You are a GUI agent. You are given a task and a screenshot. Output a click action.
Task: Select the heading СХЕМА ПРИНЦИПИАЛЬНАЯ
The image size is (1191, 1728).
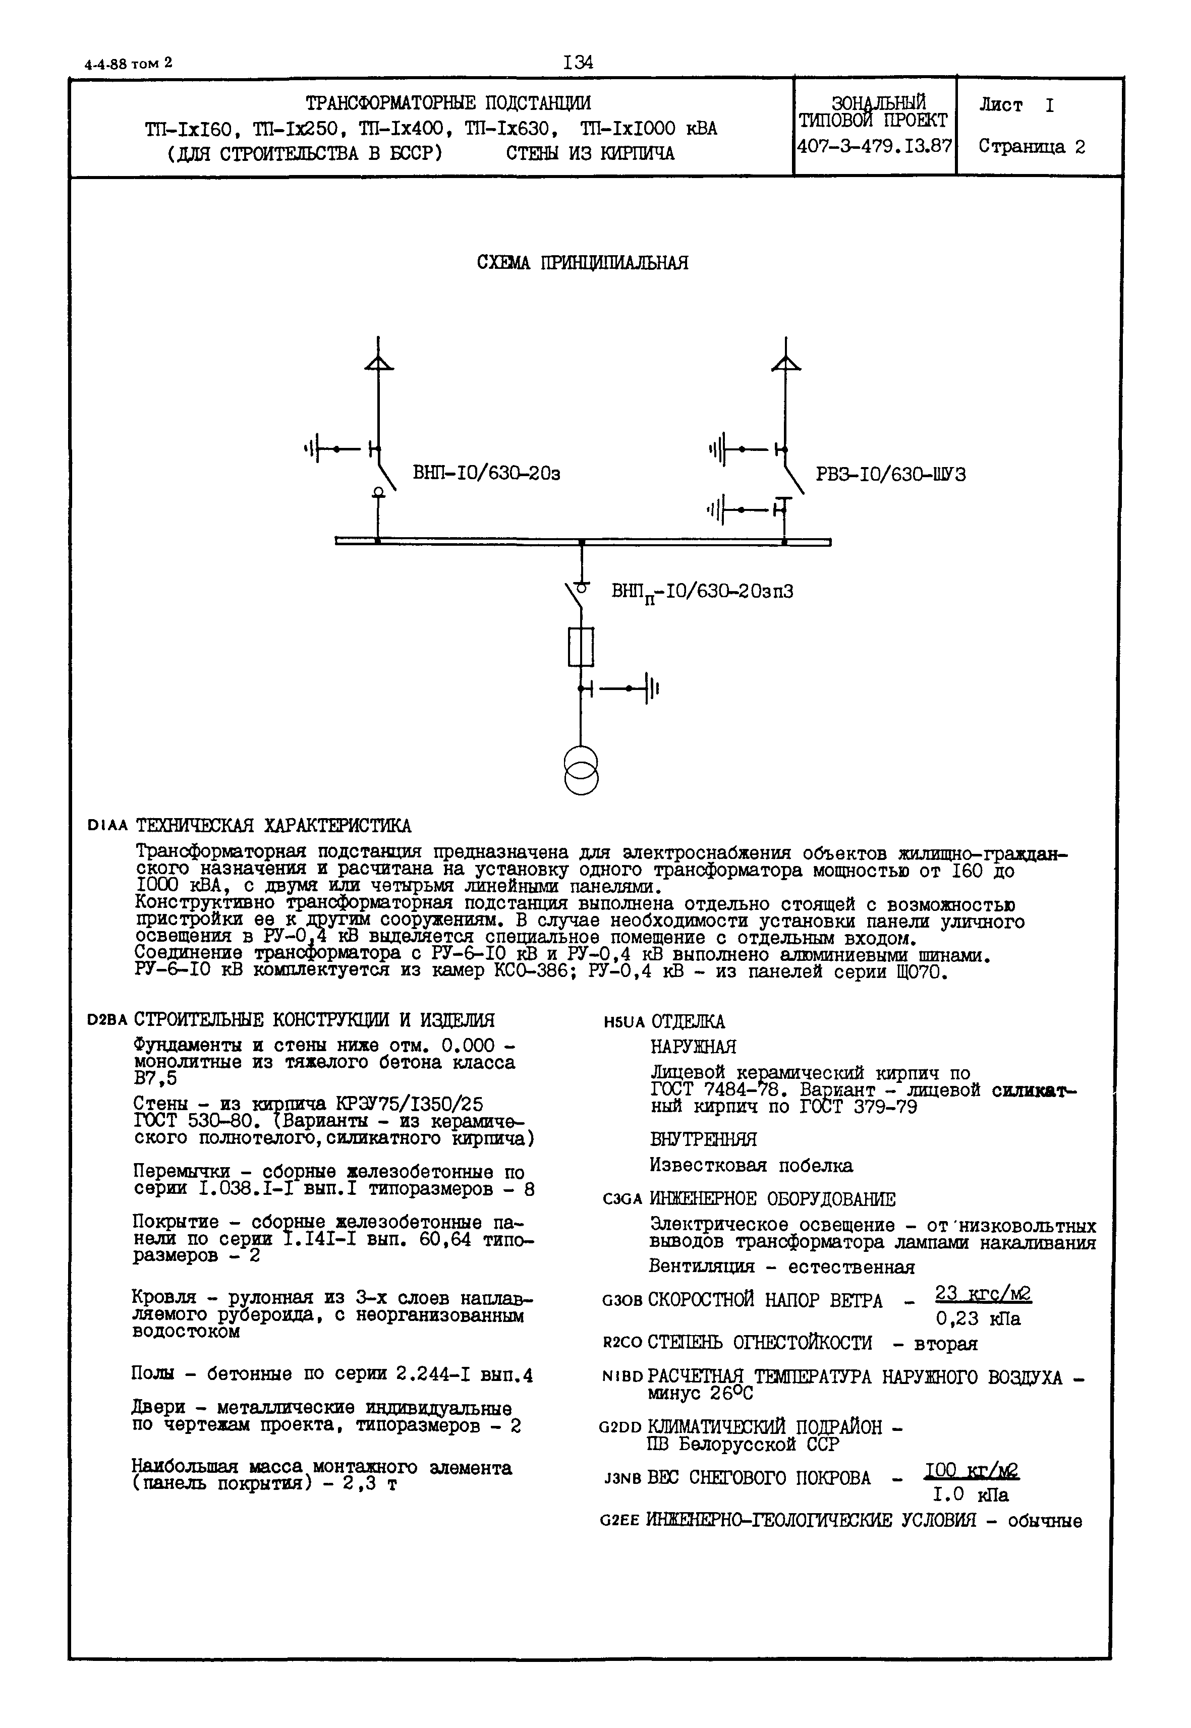pyautogui.click(x=582, y=263)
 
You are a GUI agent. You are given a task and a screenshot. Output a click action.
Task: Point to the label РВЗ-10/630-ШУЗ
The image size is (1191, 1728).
pyautogui.click(x=890, y=475)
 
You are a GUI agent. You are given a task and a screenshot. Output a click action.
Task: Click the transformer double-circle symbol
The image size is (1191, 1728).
pyautogui.click(x=581, y=771)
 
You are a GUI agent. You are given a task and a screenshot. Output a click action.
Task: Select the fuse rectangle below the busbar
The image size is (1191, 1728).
pyautogui.click(x=581, y=646)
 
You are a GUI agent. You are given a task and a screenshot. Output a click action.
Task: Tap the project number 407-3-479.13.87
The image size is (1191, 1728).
pyautogui.click(x=874, y=146)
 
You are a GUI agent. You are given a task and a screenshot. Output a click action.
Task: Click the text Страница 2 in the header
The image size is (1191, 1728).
pyautogui.click(x=1031, y=147)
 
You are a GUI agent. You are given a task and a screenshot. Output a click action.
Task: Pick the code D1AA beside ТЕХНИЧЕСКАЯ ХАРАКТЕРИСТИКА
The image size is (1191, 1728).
pyautogui.click(x=107, y=826)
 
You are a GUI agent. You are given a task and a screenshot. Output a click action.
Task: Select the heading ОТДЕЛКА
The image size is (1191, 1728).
pyautogui.click(x=687, y=1021)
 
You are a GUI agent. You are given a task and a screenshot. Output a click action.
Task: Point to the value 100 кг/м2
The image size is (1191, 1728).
pyautogui.click(x=972, y=1471)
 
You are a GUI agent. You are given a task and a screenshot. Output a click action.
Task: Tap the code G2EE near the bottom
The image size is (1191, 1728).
pyautogui.click(x=620, y=1521)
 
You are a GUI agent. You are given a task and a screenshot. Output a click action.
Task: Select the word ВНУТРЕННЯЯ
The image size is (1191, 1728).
pyautogui.click(x=703, y=1139)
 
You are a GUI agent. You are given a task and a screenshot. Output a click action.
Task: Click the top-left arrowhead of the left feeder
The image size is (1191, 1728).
pyautogui.click(x=378, y=363)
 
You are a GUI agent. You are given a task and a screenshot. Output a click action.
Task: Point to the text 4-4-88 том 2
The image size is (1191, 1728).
pyautogui.click(x=128, y=64)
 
